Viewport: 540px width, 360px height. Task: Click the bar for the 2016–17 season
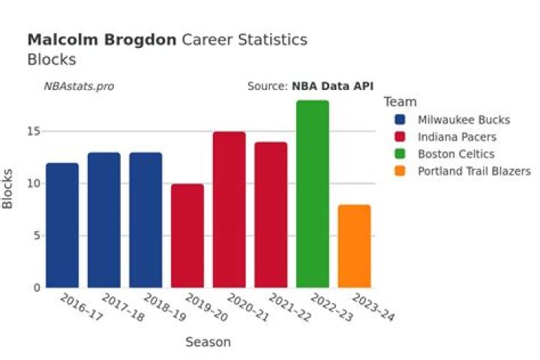[x=62, y=225]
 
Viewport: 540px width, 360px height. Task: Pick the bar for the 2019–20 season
[x=187, y=235]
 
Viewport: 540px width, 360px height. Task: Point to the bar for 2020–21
[x=229, y=209]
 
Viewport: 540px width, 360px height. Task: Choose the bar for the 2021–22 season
[x=271, y=214]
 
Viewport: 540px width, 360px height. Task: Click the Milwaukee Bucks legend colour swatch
[x=400, y=120]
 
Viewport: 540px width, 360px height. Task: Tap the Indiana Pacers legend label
[x=457, y=137]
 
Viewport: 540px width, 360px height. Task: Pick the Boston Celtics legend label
[x=456, y=154]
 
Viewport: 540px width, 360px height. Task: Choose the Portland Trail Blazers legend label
[x=474, y=171]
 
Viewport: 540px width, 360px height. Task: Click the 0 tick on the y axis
[x=36, y=288]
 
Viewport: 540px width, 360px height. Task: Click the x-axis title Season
[x=208, y=342]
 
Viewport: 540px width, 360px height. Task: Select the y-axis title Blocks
[x=9, y=189]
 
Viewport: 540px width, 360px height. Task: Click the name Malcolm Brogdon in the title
[x=102, y=40]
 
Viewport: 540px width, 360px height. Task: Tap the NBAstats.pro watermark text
[x=79, y=86]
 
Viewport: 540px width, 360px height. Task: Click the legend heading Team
[x=399, y=102]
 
